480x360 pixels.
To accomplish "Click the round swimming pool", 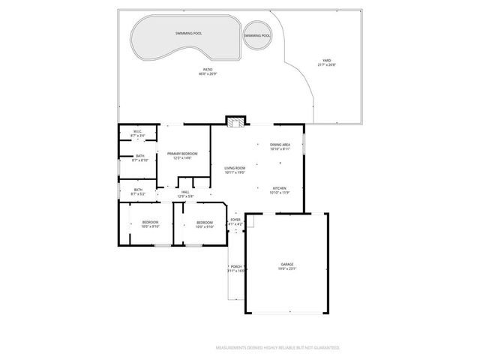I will [x=257, y=35].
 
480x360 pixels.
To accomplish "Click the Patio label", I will [x=207, y=70].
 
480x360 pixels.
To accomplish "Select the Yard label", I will [x=326, y=61].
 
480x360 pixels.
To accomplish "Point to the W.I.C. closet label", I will [x=139, y=132].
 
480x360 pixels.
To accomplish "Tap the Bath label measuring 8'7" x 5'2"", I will [x=139, y=190].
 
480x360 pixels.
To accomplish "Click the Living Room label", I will [x=235, y=168].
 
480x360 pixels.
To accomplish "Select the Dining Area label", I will [x=280, y=145].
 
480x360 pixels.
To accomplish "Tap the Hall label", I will [x=185, y=192].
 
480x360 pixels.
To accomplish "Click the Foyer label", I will [x=235, y=219].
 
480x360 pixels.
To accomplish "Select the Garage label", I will [x=287, y=265].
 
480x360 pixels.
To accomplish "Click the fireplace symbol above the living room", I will [x=235, y=122].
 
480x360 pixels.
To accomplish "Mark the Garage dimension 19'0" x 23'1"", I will [x=287, y=269].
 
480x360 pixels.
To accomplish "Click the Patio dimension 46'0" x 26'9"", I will [x=207, y=74].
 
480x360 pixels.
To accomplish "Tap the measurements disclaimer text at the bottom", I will [x=277, y=347].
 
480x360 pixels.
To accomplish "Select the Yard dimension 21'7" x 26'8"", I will [x=326, y=65].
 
